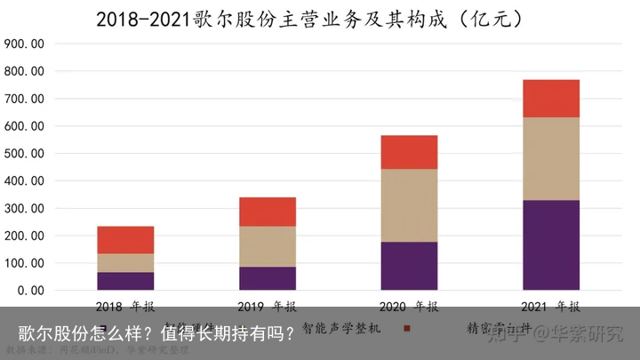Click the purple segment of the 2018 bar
(125, 281)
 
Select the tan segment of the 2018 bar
(125, 263)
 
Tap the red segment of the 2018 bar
(125, 240)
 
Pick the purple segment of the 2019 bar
(268, 278)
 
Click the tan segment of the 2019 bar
(268, 246)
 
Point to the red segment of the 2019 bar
(268, 212)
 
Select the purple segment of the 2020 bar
(409, 266)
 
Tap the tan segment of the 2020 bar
(409, 205)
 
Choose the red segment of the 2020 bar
(409, 152)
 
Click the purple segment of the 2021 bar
(551, 245)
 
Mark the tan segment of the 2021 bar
(551, 159)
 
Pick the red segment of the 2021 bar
(551, 99)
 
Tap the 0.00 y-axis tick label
(29, 291)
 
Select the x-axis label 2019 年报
(268, 307)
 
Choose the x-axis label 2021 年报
(551, 307)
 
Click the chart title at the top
(320, 18)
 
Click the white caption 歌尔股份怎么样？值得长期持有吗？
(156, 334)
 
